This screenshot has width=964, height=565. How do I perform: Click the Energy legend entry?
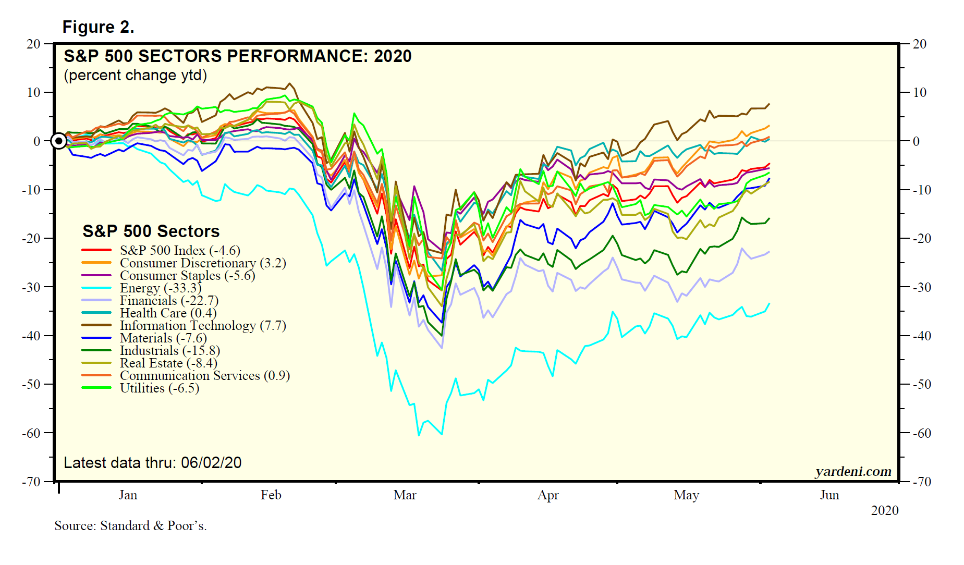click(160, 288)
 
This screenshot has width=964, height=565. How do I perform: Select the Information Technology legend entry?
click(202, 326)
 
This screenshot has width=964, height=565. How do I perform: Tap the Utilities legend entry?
click(159, 388)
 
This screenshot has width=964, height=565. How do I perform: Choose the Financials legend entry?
click(168, 301)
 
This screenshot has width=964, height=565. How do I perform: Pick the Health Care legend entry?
click(167, 313)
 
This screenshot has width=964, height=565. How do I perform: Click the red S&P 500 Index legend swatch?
click(96, 251)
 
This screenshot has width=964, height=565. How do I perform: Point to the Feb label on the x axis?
click(271, 495)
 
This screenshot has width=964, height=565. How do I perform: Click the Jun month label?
click(829, 495)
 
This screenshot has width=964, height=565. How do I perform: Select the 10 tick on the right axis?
click(920, 93)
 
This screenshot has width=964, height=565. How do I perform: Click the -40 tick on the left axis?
click(31, 336)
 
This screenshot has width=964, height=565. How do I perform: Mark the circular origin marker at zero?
click(59, 141)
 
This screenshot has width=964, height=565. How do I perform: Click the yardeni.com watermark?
click(853, 471)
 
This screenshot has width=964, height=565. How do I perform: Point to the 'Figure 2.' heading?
click(98, 27)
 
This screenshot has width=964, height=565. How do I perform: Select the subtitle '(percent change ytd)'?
click(135, 76)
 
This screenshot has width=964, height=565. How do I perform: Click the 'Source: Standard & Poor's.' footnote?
click(130, 526)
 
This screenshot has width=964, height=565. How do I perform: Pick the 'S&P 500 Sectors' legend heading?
click(151, 231)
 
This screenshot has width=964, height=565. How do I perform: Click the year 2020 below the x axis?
click(884, 511)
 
